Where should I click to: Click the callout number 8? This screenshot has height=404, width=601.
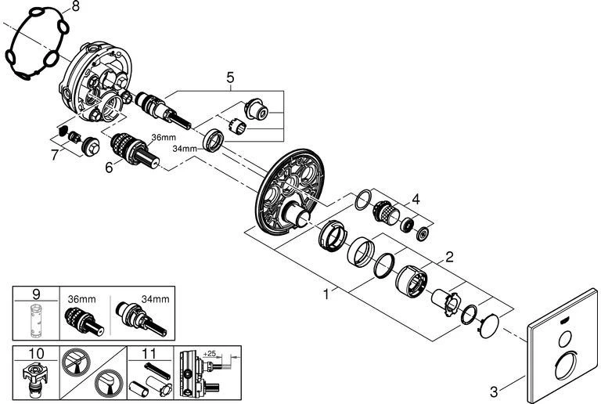click(75, 7)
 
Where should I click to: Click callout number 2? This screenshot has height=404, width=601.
click(450, 256)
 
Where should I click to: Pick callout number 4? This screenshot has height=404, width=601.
click(417, 199)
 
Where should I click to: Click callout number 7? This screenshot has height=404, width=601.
click(55, 155)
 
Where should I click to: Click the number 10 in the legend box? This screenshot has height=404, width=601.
click(35, 352)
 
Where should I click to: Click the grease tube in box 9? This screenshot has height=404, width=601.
click(35, 323)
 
